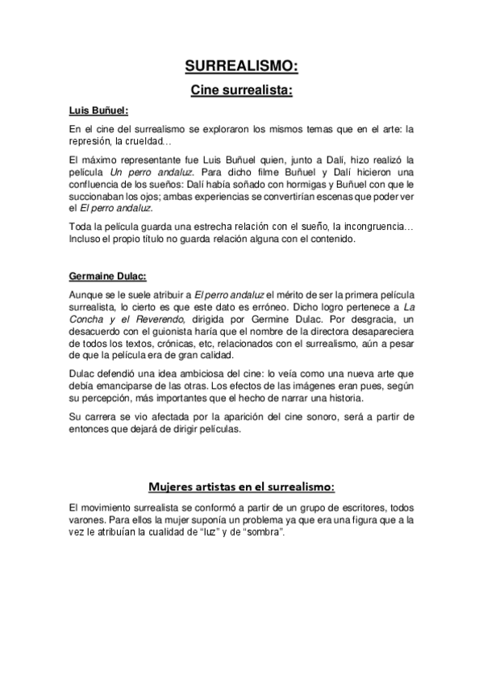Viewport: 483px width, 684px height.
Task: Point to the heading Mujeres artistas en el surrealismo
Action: tap(241, 486)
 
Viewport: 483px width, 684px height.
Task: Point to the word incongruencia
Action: tap(373, 227)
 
